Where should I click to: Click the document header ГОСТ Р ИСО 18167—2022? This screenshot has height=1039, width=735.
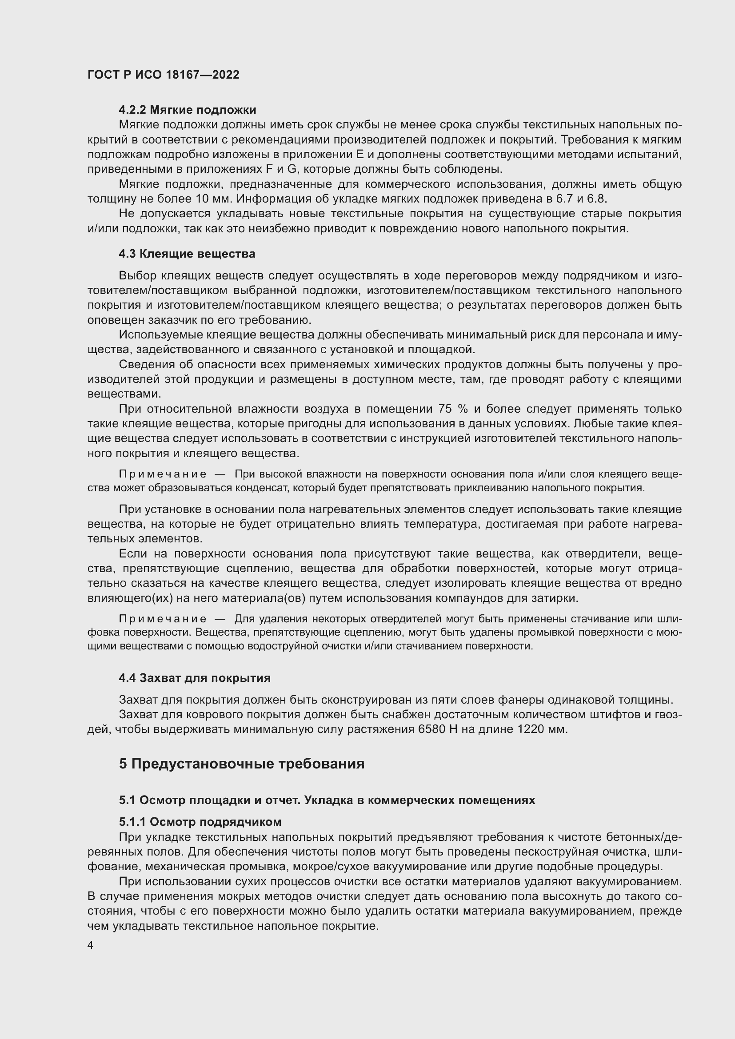pyautogui.click(x=164, y=75)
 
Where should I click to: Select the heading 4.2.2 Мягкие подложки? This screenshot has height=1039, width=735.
pyautogui.click(x=188, y=110)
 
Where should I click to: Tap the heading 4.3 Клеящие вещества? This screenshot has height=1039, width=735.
pyautogui.click(x=187, y=254)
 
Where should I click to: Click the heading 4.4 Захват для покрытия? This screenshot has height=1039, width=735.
pyautogui.click(x=195, y=678)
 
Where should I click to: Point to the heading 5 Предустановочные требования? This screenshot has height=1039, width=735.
pyautogui.click(x=242, y=764)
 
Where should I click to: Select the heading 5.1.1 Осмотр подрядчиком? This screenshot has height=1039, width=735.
pyautogui.click(x=200, y=822)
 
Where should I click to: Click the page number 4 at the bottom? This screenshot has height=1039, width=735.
pyautogui.click(x=91, y=945)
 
